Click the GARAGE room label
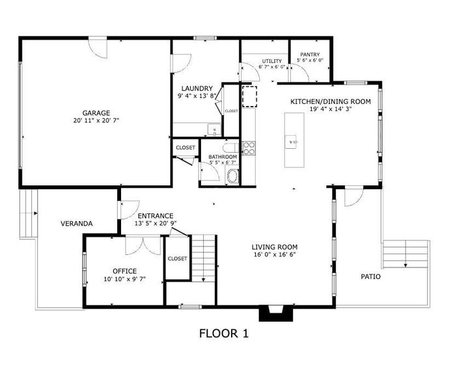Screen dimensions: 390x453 pos(96,112)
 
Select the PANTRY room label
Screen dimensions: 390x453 pos(310,55)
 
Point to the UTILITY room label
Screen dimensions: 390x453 pos(272,60)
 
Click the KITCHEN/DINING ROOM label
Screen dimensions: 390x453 pos(330,101)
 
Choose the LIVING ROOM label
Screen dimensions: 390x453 pos(275,247)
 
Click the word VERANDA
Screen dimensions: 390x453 pos(77,224)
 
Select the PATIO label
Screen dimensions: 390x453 pos(371,276)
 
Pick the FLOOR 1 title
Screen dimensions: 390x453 pos(223,334)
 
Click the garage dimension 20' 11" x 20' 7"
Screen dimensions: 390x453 pos(96,120)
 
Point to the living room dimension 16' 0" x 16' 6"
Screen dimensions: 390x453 pos(275,255)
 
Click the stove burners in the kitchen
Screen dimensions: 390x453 pos(248,148)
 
